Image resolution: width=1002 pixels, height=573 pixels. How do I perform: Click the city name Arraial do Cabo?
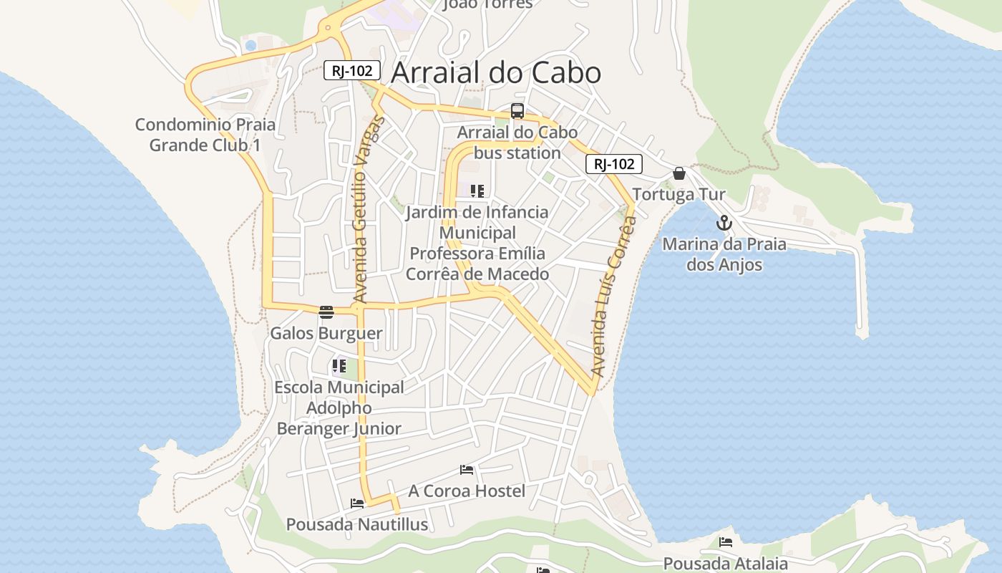pyautogui.click(x=496, y=73)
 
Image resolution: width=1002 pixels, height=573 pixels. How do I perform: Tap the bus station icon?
pyautogui.click(x=517, y=111)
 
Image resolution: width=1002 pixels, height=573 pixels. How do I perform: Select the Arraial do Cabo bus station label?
pyautogui.click(x=517, y=143)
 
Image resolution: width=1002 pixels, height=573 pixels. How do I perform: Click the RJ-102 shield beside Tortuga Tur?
pyautogui.click(x=614, y=164)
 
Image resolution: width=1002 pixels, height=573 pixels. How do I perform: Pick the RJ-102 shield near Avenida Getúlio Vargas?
pyautogui.click(x=351, y=70)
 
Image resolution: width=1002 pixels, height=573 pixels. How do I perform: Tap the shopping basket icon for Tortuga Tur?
pyautogui.click(x=679, y=173)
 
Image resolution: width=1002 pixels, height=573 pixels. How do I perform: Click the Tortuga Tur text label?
pyautogui.click(x=678, y=195)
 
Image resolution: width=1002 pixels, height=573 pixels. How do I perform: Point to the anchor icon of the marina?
pyautogui.click(x=724, y=223)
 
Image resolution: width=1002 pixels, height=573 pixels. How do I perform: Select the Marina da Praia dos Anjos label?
pyautogui.click(x=724, y=254)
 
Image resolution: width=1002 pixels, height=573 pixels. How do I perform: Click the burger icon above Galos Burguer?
pyautogui.click(x=326, y=312)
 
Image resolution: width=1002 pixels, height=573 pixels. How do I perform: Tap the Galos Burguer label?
pyautogui.click(x=326, y=333)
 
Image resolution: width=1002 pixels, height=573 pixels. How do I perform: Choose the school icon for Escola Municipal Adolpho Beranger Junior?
pyautogui.click(x=339, y=366)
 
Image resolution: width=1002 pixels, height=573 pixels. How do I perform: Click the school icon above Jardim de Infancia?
pyautogui.click(x=477, y=191)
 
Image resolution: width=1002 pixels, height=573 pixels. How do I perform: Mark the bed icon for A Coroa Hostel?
pyautogui.click(x=467, y=470)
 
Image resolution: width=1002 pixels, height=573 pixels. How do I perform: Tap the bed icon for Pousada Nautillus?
pyautogui.click(x=357, y=504)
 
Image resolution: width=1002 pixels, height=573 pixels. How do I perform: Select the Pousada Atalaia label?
pyautogui.click(x=725, y=564)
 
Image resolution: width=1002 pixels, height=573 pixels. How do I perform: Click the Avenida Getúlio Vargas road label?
pyautogui.click(x=369, y=208)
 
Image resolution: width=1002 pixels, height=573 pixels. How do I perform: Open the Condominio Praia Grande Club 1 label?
pyautogui.click(x=205, y=135)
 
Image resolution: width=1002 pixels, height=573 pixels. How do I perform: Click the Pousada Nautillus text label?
pyautogui.click(x=357, y=524)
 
